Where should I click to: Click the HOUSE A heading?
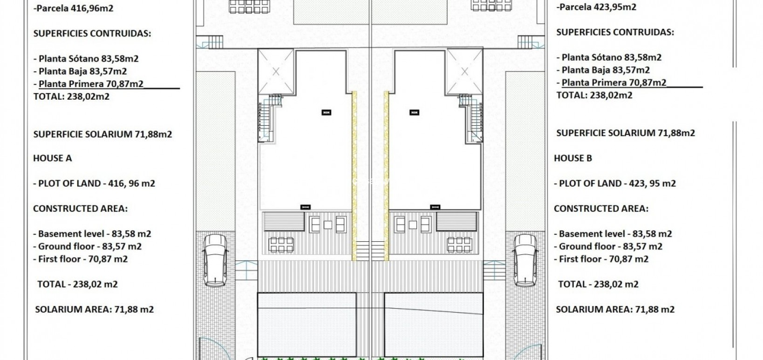tap(52, 158)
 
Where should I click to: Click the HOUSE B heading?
tap(572, 158)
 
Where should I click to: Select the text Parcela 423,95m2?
tap(597, 7)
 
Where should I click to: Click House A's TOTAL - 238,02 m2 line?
tap(77, 284)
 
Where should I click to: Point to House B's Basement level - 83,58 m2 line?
tap(613, 234)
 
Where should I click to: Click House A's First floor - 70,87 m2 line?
tap(80, 259)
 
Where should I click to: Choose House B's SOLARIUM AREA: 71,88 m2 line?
tap(615, 309)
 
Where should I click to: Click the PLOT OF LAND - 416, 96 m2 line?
tap(94, 183)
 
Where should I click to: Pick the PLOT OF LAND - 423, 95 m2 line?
tap(614, 183)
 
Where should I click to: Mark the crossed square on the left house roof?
tap(276, 72)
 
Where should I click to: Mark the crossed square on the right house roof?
tap(464, 72)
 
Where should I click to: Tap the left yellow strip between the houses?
tap(354, 175)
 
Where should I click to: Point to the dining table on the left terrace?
tap(281, 245)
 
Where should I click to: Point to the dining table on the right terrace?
tap(459, 245)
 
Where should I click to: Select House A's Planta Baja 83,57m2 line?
tap(82, 71)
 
